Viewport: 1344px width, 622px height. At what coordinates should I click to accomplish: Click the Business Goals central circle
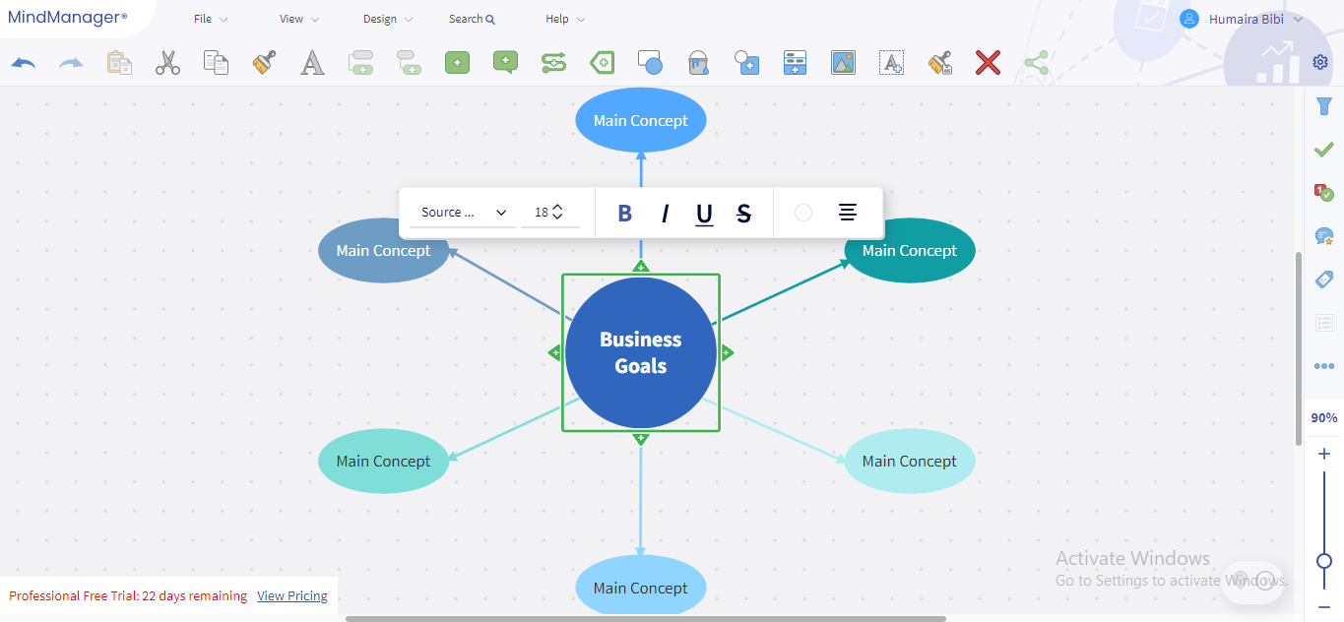pos(641,352)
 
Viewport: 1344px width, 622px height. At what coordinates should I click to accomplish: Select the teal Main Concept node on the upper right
pos(909,251)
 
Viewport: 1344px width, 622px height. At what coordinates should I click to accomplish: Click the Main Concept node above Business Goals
pos(640,121)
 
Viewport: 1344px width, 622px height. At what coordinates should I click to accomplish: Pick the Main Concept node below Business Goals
pos(640,588)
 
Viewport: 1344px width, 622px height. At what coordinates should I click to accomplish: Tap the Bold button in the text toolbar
pos(624,213)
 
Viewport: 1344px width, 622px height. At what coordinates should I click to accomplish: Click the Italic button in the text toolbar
pos(665,213)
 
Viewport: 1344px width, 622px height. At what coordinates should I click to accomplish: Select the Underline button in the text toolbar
pos(704,213)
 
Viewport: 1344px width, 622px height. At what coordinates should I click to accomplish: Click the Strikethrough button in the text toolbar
pos(743,213)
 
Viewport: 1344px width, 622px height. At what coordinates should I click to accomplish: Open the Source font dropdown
pos(463,213)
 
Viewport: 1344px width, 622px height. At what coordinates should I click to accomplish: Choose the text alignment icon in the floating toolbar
pos(847,213)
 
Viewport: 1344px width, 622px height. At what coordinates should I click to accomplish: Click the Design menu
pos(387,19)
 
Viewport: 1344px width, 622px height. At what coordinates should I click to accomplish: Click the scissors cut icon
pos(167,63)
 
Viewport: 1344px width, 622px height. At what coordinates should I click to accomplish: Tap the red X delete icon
pos(988,63)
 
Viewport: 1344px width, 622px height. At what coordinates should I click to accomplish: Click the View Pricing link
pos(291,595)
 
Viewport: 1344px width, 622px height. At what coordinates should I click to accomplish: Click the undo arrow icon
pos(24,63)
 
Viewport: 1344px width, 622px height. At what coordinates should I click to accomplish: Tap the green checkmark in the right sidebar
pos(1324,150)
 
